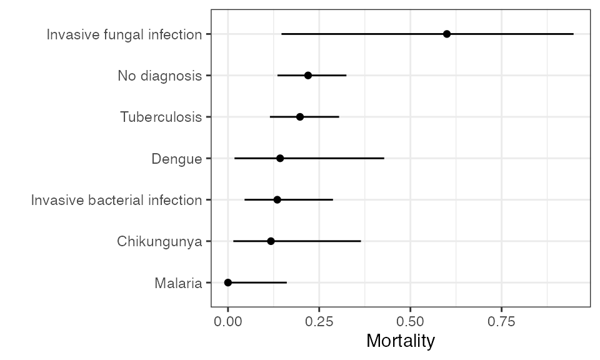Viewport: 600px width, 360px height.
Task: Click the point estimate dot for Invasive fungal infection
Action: (447, 34)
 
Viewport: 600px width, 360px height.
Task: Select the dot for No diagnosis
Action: (308, 75)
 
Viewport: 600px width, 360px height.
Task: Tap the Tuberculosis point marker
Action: (300, 117)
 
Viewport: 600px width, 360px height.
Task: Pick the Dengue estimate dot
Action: (280, 158)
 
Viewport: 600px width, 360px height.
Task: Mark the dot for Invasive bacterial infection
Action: (277, 199)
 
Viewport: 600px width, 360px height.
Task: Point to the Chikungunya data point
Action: (271, 241)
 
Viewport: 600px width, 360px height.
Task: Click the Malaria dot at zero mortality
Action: (228, 282)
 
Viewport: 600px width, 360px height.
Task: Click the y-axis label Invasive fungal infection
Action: (124, 34)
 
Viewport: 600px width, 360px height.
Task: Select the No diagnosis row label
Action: (160, 76)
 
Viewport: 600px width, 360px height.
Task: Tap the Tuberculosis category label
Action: (161, 117)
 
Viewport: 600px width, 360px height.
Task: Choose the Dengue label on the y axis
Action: (177, 159)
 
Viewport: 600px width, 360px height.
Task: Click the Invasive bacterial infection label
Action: (117, 200)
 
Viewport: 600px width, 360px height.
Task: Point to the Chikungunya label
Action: (159, 242)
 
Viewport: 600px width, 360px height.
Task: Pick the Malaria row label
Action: (178, 283)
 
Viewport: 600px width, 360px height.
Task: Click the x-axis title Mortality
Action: (400, 341)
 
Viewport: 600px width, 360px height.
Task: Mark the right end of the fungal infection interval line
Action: (573, 34)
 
